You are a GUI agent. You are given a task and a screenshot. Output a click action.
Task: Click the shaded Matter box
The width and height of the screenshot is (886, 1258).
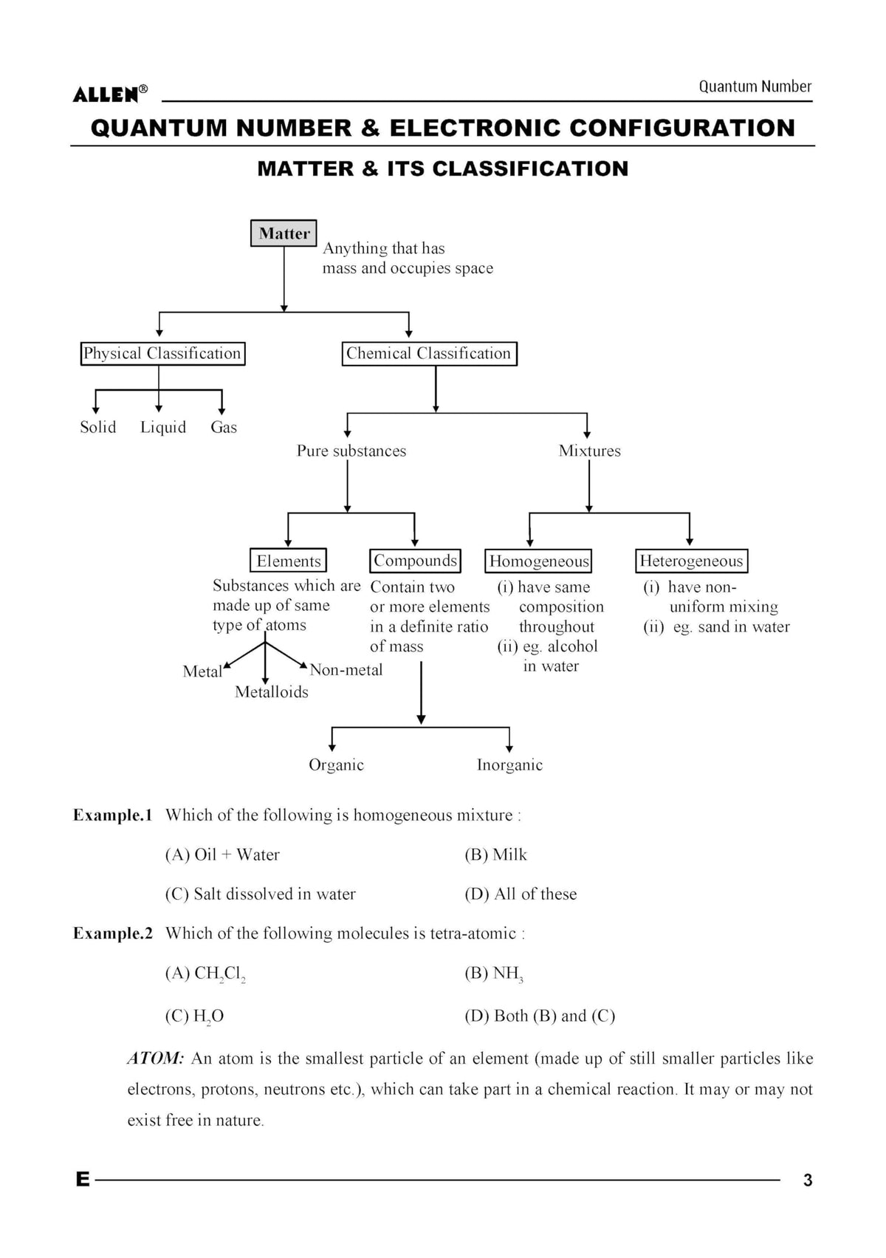tap(284, 233)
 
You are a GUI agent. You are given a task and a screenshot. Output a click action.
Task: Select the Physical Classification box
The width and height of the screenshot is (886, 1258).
tap(163, 353)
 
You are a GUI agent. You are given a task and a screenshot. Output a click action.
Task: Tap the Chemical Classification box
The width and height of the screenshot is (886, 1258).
tap(430, 354)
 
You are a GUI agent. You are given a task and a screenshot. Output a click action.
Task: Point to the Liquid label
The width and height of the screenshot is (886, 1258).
tap(163, 428)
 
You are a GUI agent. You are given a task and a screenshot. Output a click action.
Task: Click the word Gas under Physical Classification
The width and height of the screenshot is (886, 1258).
tap(224, 428)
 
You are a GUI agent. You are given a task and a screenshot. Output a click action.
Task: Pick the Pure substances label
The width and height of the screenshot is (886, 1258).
tap(351, 451)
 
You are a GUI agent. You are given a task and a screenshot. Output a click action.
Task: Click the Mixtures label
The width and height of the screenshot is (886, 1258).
tap(589, 451)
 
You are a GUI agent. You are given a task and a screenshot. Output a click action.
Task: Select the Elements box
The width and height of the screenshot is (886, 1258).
tap(288, 561)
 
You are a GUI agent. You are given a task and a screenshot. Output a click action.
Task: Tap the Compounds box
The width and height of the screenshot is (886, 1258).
tap(415, 561)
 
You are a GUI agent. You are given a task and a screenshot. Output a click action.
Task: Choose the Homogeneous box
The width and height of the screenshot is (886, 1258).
tap(538, 561)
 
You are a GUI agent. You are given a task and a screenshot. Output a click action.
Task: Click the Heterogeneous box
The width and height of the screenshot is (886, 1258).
tap(692, 561)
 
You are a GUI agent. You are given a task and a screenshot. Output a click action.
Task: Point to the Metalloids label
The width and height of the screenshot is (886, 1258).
tap(272, 692)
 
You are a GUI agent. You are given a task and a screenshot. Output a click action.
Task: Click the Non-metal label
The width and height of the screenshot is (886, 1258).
tap(346, 670)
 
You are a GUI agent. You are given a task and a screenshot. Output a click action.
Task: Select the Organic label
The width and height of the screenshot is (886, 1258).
tap(337, 765)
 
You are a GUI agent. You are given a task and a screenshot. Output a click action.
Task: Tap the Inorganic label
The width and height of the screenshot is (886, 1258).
tap(509, 765)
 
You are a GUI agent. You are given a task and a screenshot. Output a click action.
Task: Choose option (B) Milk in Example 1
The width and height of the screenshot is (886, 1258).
tap(495, 855)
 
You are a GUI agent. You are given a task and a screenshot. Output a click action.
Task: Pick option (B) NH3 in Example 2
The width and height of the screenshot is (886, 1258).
tap(494, 974)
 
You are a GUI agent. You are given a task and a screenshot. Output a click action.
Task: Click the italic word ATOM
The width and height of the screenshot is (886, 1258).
tap(156, 1059)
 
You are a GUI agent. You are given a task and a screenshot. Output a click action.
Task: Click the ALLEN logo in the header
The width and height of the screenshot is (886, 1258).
tap(110, 94)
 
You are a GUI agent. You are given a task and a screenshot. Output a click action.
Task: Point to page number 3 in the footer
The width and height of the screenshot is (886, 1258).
tap(808, 1180)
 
